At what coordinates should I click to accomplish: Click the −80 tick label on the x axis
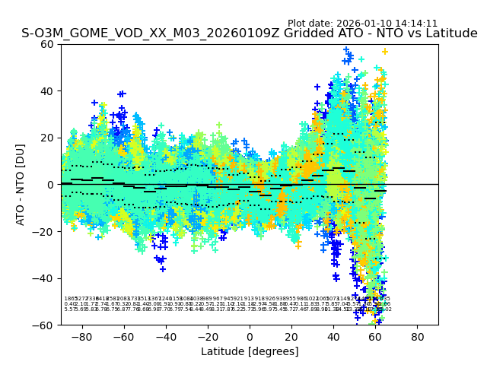click(x=81, y=336)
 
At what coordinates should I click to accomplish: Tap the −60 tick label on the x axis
click(x=123, y=336)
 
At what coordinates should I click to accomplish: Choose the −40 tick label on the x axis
click(x=165, y=336)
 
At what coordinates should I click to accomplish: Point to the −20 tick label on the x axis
click(x=207, y=336)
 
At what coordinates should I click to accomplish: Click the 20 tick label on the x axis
click(x=291, y=336)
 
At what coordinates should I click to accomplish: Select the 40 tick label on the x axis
click(x=333, y=336)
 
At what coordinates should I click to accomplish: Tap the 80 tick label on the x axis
click(x=418, y=336)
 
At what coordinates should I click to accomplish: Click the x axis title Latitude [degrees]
click(x=250, y=351)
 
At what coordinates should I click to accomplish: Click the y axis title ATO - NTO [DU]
click(x=21, y=185)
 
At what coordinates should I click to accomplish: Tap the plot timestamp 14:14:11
click(x=415, y=24)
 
